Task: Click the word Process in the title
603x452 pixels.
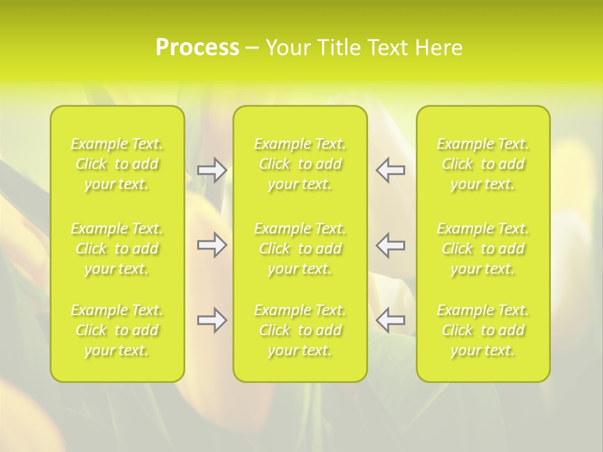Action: coord(197,48)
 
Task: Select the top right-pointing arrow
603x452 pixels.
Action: coord(212,170)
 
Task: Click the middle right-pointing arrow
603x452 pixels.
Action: coord(212,245)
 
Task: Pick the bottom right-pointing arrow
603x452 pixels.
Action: coord(212,321)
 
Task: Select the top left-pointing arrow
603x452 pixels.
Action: coord(391,170)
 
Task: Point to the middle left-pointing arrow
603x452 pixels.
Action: coord(391,245)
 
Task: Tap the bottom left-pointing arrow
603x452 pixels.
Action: coord(391,321)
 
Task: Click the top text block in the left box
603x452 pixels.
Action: coord(117,164)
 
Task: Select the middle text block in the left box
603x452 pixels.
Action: coord(117,249)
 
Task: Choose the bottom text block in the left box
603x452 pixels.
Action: coord(117,330)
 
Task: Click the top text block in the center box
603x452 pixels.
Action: coord(300,164)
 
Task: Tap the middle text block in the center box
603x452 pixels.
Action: coord(300,249)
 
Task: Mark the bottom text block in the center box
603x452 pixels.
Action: coord(300,330)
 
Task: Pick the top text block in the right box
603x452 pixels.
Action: coord(483,164)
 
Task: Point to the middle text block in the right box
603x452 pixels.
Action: coord(483,249)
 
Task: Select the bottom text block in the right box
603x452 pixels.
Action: coord(483,330)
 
